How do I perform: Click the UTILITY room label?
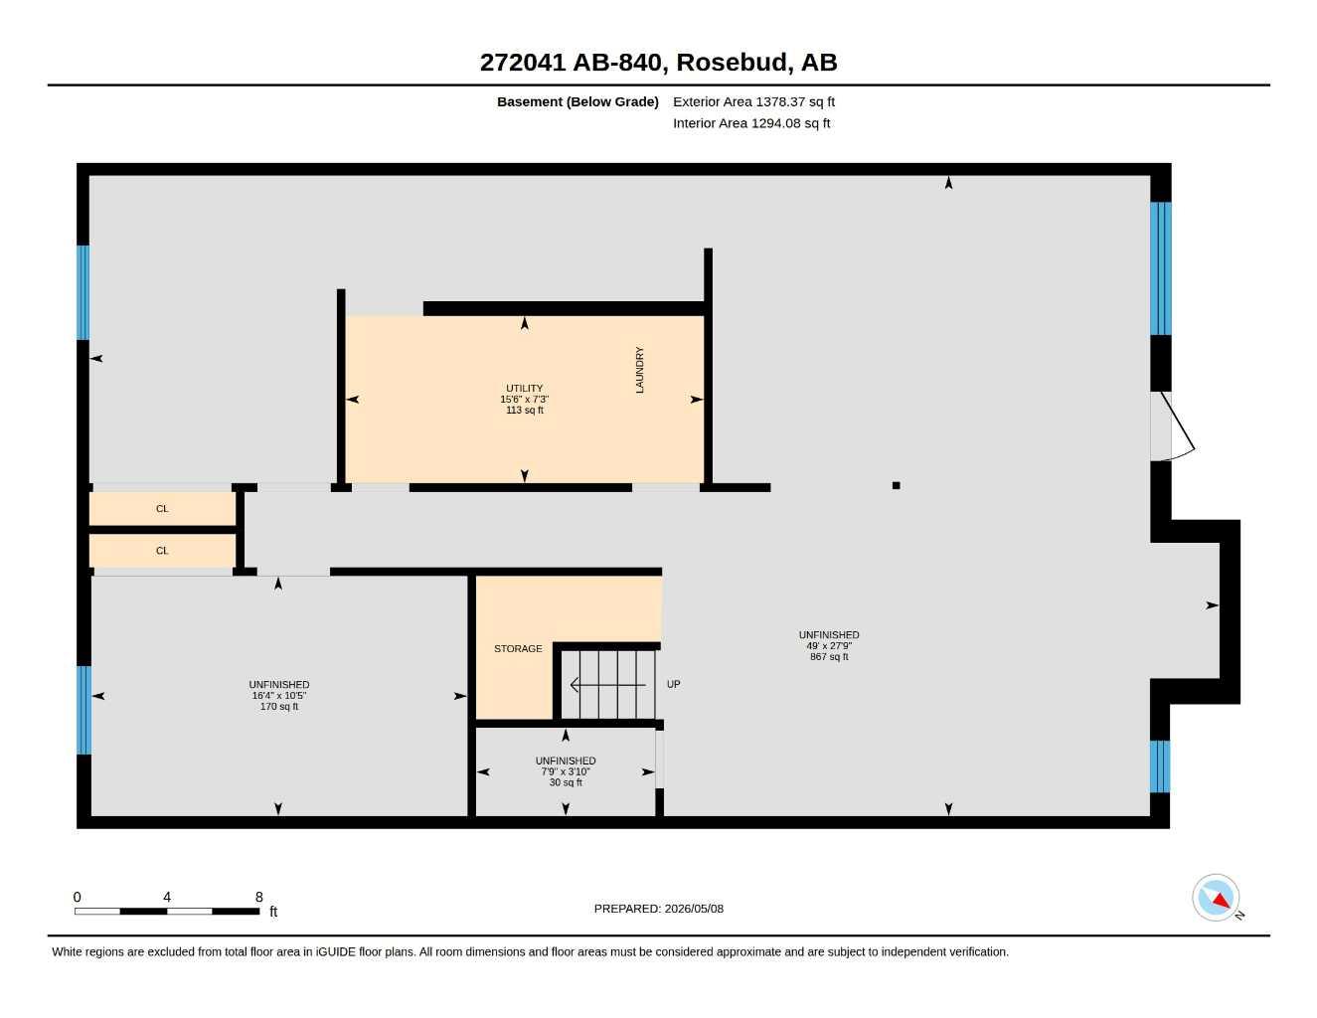point(524,388)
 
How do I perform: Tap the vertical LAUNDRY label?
point(639,370)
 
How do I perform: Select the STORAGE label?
point(518,648)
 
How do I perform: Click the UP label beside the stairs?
point(673,684)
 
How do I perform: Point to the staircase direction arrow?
point(608,685)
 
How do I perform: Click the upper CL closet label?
point(162,508)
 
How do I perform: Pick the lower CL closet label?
point(162,550)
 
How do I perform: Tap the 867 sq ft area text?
point(829,656)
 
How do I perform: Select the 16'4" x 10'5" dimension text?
point(278,695)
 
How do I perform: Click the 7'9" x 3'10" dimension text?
point(566,771)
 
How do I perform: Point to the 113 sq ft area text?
point(524,410)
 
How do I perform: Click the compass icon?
point(1216,898)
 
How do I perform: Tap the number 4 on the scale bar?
point(167,897)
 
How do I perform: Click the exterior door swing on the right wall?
point(1173,425)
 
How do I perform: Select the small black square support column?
point(896,485)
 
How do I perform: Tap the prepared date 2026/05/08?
point(694,909)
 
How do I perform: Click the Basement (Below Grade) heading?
point(577,101)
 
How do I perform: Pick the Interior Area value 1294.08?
point(775,123)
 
